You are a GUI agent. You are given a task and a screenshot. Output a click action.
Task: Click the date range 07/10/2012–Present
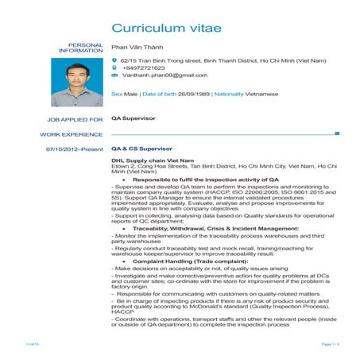(x=75, y=149)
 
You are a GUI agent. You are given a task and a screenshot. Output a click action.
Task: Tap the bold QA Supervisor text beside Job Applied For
(x=133, y=119)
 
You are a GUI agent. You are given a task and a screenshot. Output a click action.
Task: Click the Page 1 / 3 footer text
(x=330, y=344)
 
